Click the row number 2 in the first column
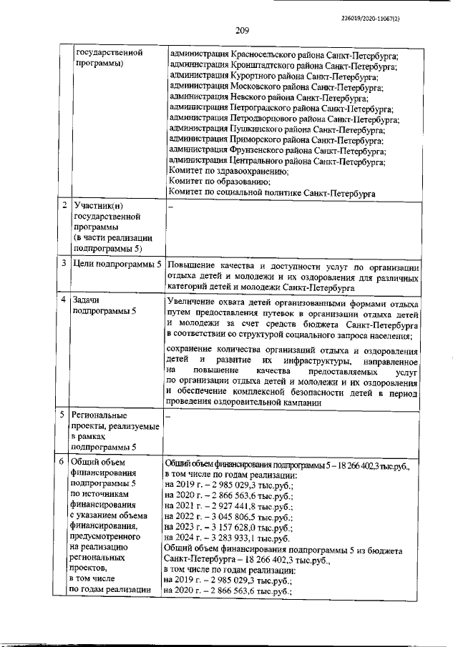[64, 206]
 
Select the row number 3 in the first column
[64, 264]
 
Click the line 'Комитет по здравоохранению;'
[228, 172]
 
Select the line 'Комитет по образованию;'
[218, 182]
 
